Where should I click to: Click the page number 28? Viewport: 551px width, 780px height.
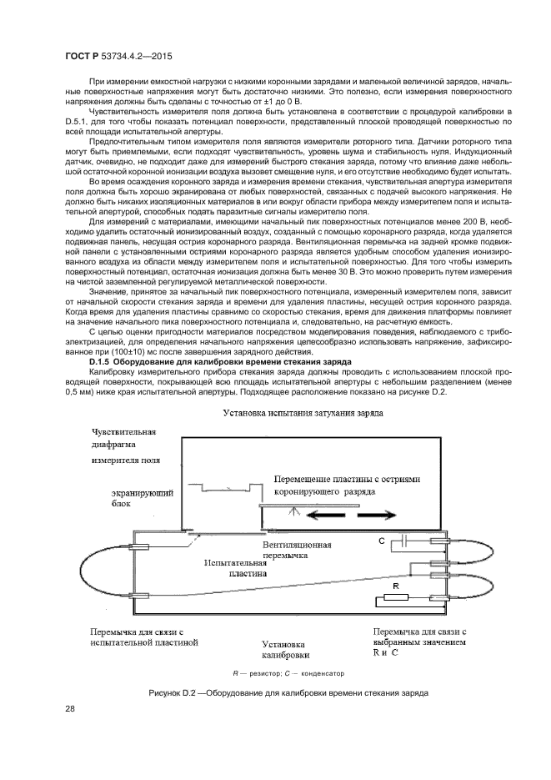pos(70,709)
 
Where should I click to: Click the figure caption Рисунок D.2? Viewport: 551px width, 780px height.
pos(288,692)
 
